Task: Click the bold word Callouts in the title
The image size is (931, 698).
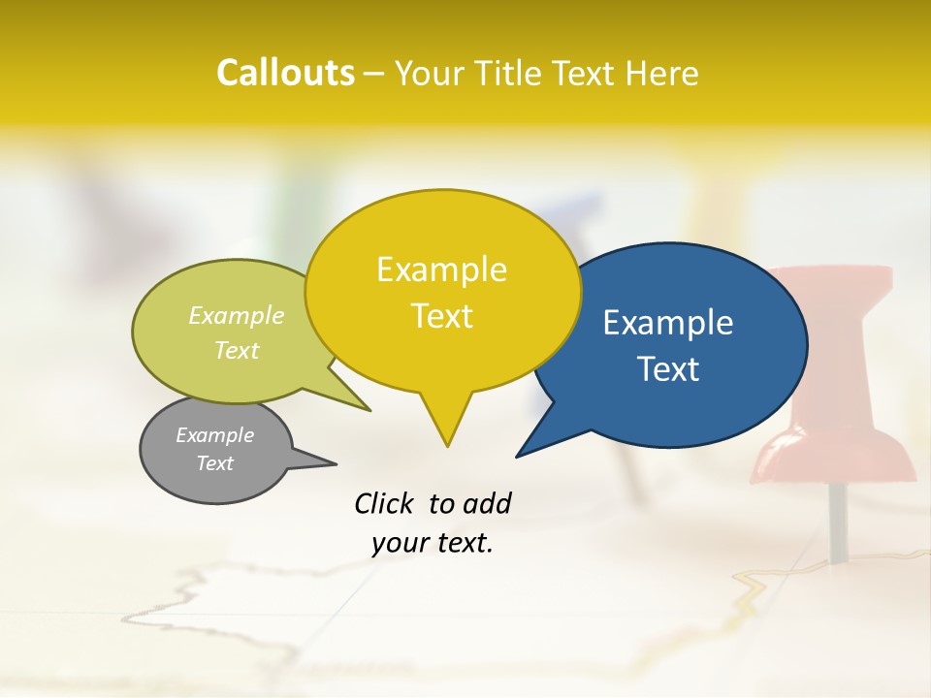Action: (285, 73)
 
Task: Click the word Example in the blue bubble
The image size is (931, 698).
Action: (668, 323)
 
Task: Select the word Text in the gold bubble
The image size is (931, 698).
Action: (442, 316)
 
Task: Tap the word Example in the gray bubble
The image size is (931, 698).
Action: (214, 435)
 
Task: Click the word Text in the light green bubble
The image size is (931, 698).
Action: (237, 350)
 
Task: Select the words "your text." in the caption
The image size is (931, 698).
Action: (433, 543)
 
